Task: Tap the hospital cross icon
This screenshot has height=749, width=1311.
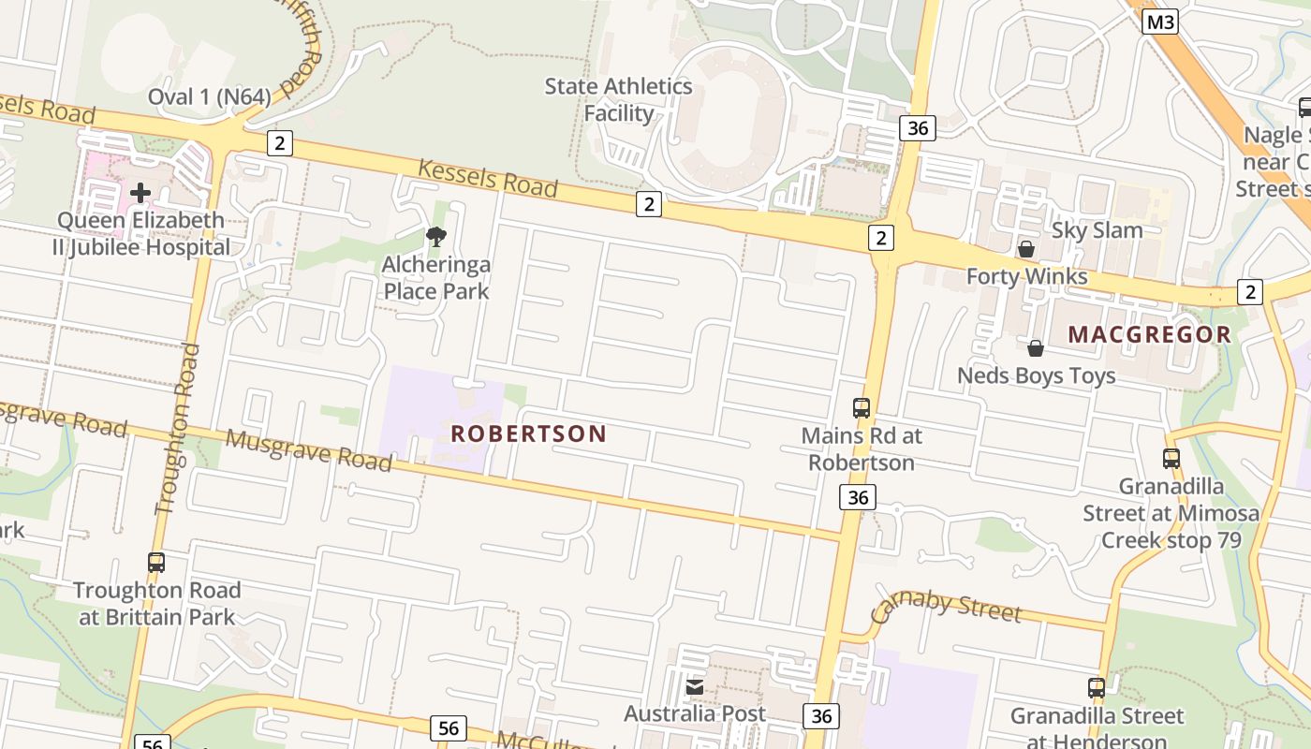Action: tap(140, 193)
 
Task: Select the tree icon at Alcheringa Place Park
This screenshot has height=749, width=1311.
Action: tap(435, 237)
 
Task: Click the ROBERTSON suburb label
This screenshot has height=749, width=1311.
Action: tap(529, 433)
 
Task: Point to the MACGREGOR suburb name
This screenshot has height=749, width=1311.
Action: tap(1149, 334)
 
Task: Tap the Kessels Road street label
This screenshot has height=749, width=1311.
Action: tap(487, 178)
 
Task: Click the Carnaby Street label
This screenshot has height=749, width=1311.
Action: tap(946, 607)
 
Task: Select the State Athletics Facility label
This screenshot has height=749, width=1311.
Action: tap(619, 99)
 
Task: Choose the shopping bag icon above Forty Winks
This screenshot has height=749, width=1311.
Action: tap(1026, 249)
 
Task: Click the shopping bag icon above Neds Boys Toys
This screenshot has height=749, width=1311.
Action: tap(1036, 348)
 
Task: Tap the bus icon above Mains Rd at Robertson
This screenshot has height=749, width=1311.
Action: tap(862, 408)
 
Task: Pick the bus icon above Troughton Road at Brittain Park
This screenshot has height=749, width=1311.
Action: tap(156, 563)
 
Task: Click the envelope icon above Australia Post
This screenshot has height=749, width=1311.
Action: tap(695, 687)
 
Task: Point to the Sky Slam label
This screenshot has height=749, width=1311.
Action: tap(1097, 230)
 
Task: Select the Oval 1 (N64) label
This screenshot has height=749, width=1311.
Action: tap(210, 96)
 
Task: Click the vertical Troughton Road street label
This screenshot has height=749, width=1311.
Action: tap(177, 429)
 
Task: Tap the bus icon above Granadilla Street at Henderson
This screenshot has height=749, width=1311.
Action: tap(1097, 688)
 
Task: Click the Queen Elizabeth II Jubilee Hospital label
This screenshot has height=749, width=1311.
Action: tap(142, 234)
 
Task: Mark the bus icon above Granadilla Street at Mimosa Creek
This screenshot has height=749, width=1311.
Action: tap(1171, 459)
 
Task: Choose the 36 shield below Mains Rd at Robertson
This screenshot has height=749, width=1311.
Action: tap(858, 497)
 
